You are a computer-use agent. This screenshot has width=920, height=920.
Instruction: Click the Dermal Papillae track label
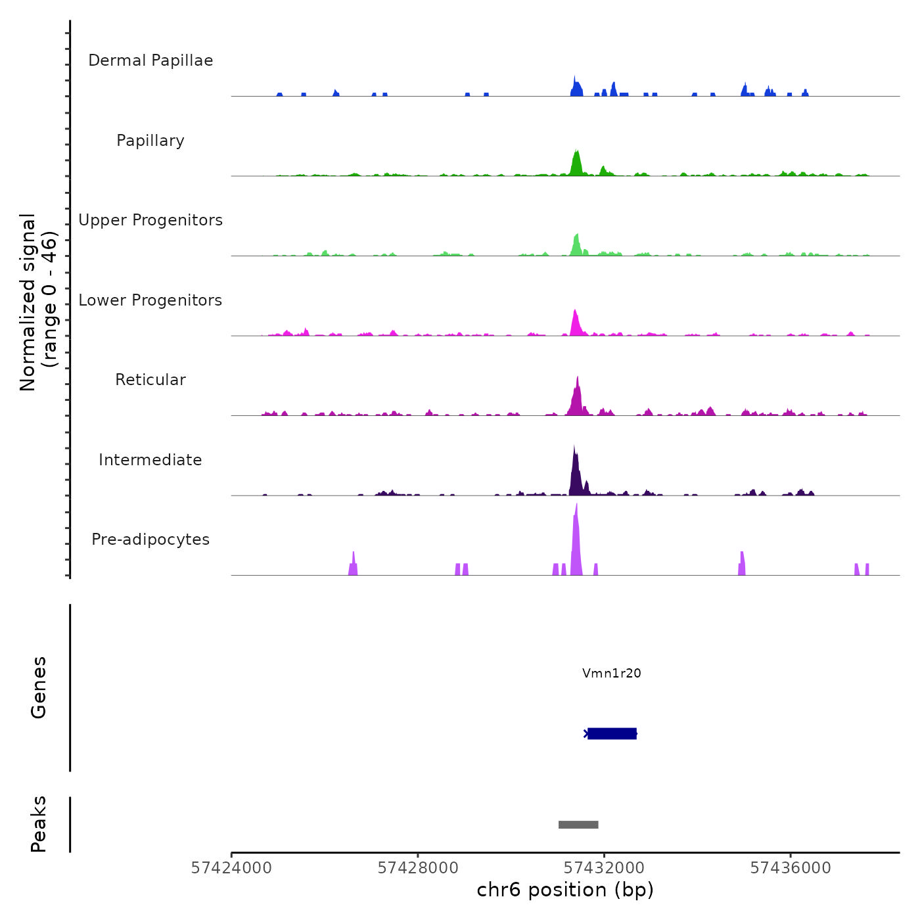coord(150,60)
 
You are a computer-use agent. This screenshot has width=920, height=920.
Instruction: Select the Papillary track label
coord(150,141)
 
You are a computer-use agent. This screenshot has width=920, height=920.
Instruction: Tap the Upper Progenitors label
coord(150,220)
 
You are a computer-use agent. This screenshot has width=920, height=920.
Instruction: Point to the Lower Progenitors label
coord(150,300)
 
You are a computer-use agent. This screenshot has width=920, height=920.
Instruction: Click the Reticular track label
coord(150,380)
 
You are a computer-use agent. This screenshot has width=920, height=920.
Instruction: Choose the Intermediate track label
coord(150,460)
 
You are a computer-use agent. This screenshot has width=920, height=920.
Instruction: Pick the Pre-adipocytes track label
coord(150,540)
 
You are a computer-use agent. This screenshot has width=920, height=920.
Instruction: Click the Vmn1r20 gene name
coord(611,673)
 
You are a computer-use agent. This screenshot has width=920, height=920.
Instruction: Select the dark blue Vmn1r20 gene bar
coord(612,733)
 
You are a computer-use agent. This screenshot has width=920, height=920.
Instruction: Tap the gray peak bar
coord(578,825)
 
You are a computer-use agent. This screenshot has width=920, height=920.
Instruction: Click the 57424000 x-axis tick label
coord(231,868)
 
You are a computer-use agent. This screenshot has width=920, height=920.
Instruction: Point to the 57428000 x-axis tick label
coord(418,868)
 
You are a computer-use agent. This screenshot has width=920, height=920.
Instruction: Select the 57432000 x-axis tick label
coord(605,868)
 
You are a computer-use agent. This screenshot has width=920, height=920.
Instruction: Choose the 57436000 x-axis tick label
coord(791,868)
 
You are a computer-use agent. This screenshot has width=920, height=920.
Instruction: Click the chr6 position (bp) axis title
coord(565,890)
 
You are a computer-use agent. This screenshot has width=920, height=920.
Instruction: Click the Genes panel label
coord(38,687)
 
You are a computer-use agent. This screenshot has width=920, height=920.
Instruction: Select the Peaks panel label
coord(38,824)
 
